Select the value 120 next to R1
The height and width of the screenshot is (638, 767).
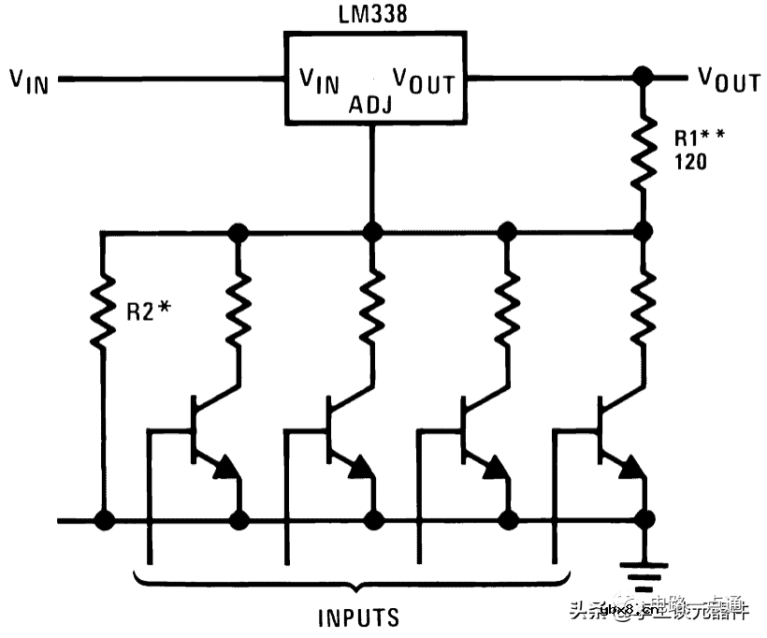point(690,162)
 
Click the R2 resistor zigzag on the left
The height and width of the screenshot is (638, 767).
point(104,310)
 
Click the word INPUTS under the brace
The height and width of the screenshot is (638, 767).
point(358,617)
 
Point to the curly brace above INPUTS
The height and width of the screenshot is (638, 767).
point(358,582)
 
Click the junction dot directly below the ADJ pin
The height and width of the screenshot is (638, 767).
point(373,231)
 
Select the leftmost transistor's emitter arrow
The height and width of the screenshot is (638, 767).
point(225,468)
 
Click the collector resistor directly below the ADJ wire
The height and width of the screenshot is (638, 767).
point(373,304)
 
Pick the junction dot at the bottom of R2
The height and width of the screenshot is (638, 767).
point(104,518)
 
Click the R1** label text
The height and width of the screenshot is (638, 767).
point(699,138)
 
